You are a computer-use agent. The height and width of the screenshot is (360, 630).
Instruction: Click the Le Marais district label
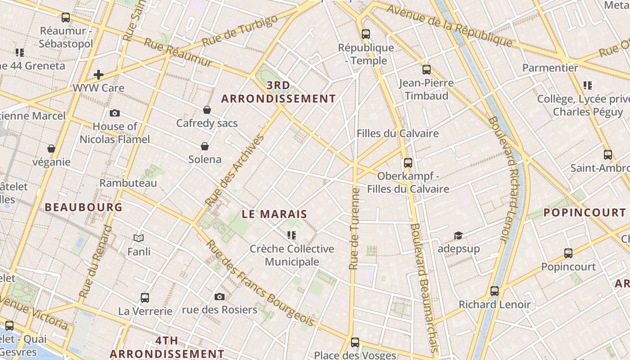[x=274, y=214]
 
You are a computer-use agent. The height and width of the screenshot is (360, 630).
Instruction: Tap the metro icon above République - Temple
[x=365, y=34]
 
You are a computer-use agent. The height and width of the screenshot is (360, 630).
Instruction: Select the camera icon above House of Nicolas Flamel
[x=115, y=113]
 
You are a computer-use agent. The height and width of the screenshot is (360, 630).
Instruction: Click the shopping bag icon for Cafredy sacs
[x=207, y=109]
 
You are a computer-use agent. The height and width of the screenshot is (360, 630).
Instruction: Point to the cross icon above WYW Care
[x=99, y=74]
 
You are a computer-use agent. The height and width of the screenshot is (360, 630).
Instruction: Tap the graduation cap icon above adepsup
[x=458, y=235]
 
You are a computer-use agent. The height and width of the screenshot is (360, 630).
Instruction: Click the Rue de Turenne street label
[x=355, y=229]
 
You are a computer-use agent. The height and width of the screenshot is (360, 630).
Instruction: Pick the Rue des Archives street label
[x=234, y=171]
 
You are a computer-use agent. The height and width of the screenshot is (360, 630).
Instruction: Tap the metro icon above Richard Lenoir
[x=495, y=291]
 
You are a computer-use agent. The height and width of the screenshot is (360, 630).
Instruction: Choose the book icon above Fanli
[x=139, y=238]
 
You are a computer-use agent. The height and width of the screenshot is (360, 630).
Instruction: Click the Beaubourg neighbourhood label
[x=84, y=207]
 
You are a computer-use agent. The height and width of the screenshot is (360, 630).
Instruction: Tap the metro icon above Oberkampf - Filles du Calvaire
[x=408, y=162]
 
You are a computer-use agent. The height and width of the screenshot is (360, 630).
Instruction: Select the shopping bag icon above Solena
[x=205, y=146]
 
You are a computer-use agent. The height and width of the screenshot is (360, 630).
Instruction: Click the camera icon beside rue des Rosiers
[x=220, y=297]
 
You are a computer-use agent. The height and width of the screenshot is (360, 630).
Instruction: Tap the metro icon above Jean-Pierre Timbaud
[x=426, y=70]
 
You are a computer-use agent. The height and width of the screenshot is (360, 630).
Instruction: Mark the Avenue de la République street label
[x=449, y=26]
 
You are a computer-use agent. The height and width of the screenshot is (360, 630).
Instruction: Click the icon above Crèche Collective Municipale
[x=292, y=235]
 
